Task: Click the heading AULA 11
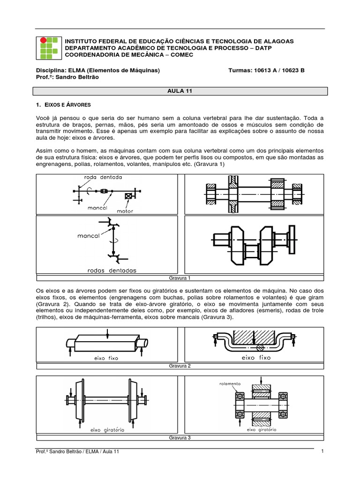click(x=180, y=92)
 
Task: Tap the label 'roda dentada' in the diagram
click(x=103, y=178)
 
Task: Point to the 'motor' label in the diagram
click(x=124, y=211)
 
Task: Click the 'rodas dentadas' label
click(x=112, y=270)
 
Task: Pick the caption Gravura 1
click(x=180, y=278)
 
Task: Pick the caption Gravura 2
click(x=180, y=366)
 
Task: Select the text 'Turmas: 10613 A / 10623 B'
click(x=266, y=70)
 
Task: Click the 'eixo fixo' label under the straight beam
click(x=106, y=358)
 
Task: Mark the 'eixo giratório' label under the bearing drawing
click(x=261, y=429)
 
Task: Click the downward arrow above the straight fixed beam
click(x=108, y=332)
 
